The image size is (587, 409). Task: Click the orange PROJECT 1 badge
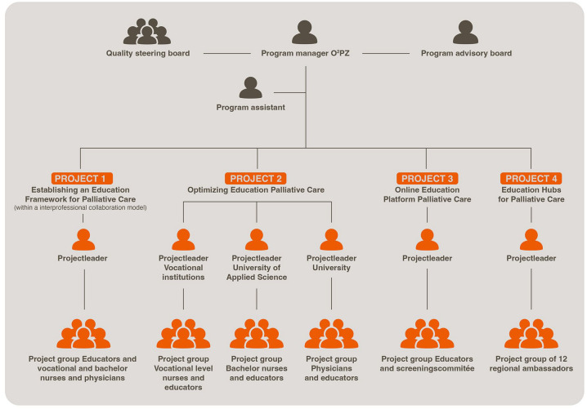click(82, 178)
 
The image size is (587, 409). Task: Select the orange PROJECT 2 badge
click(256, 178)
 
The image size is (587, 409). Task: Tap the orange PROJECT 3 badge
click(426, 178)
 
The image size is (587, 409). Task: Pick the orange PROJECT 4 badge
click(531, 178)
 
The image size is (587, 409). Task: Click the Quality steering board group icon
click(147, 32)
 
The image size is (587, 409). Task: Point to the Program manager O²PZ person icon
click(305, 33)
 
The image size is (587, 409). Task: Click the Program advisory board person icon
click(466, 33)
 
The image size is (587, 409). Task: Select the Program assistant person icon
click(250, 87)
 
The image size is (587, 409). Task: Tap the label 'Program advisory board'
click(466, 54)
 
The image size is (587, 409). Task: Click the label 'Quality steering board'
click(147, 54)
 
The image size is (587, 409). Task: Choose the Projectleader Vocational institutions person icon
click(183, 239)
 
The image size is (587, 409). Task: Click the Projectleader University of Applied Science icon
click(257, 239)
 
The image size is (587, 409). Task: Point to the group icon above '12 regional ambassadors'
click(531, 333)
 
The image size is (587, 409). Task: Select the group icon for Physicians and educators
click(331, 333)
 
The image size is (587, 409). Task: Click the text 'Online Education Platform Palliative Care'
click(427, 194)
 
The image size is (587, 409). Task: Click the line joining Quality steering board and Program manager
click(226, 54)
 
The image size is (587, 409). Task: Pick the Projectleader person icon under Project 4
click(531, 239)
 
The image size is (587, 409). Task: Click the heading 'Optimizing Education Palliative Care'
click(257, 190)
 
